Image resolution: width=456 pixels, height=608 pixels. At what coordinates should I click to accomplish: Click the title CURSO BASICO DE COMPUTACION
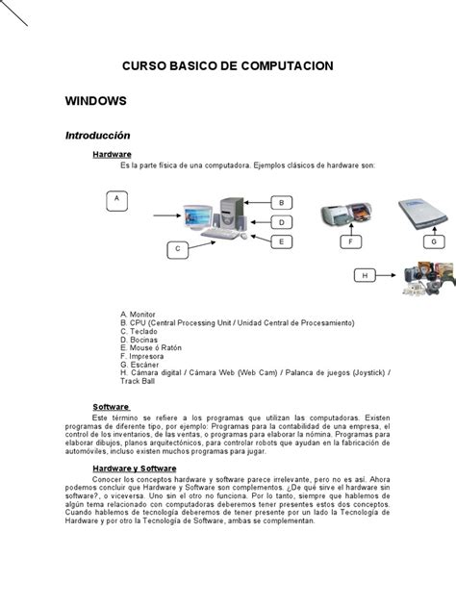227,65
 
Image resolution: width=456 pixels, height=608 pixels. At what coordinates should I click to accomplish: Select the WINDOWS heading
95,100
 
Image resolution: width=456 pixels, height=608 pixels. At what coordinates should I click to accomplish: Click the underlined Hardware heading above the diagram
112,154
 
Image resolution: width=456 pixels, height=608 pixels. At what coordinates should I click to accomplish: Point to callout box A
116,199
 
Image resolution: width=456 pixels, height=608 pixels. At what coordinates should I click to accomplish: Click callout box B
281,203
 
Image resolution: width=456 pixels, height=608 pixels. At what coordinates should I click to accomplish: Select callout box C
177,249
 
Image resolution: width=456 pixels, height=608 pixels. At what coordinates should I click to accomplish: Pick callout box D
281,222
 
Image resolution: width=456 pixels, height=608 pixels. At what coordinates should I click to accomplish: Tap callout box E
281,241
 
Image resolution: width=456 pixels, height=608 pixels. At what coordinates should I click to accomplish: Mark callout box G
435,241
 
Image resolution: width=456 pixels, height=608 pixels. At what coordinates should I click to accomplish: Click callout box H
365,276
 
